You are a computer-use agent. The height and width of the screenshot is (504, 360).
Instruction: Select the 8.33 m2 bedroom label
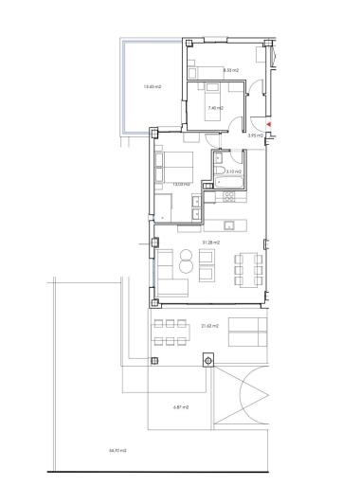230,70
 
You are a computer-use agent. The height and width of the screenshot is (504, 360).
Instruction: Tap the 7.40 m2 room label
213,110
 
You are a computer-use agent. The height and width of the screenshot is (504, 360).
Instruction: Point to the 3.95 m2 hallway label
254,136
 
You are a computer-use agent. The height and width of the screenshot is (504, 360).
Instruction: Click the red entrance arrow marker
270,125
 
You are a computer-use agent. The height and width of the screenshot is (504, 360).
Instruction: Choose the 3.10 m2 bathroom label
233,171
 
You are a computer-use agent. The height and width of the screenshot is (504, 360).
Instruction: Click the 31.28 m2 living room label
210,243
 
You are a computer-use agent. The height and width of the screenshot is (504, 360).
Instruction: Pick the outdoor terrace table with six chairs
170,332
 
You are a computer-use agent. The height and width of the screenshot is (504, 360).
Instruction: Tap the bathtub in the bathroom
230,183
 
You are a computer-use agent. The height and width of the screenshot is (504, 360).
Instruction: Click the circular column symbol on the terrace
207,360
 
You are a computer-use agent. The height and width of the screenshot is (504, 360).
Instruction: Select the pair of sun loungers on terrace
248,333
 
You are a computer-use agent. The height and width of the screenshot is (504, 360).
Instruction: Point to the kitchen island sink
230,225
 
